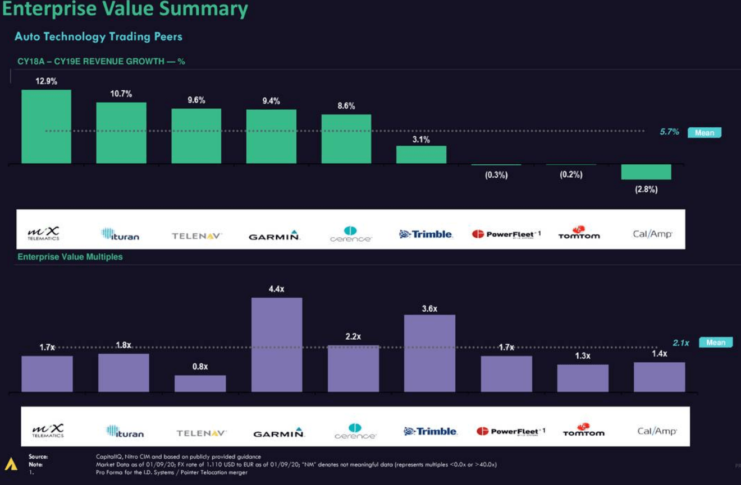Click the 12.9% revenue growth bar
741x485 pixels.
pyautogui.click(x=46, y=127)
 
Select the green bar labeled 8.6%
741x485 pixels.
pyautogui.click(x=346, y=139)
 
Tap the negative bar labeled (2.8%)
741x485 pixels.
pyautogui.click(x=646, y=172)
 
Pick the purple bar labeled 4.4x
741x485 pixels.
pyautogui.click(x=277, y=344)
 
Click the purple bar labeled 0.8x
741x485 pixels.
pyautogui.click(x=200, y=384)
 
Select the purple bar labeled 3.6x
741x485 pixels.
pyautogui.click(x=429, y=353)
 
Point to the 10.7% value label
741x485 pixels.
pyautogui.click(x=121, y=94)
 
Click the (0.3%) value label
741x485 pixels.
pyautogui.click(x=496, y=175)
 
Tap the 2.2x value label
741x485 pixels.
pyautogui.click(x=353, y=336)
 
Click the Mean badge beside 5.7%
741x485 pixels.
pyautogui.click(x=705, y=133)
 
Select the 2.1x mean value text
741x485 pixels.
pyautogui.click(x=681, y=343)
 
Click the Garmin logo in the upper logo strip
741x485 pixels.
pyautogui.click(x=275, y=235)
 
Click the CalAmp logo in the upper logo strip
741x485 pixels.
pyautogui.click(x=652, y=234)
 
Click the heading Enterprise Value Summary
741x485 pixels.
pyautogui.click(x=125, y=10)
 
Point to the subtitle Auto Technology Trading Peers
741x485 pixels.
pyautogui.click(x=98, y=36)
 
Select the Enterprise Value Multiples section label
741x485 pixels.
pyautogui.click(x=70, y=257)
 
